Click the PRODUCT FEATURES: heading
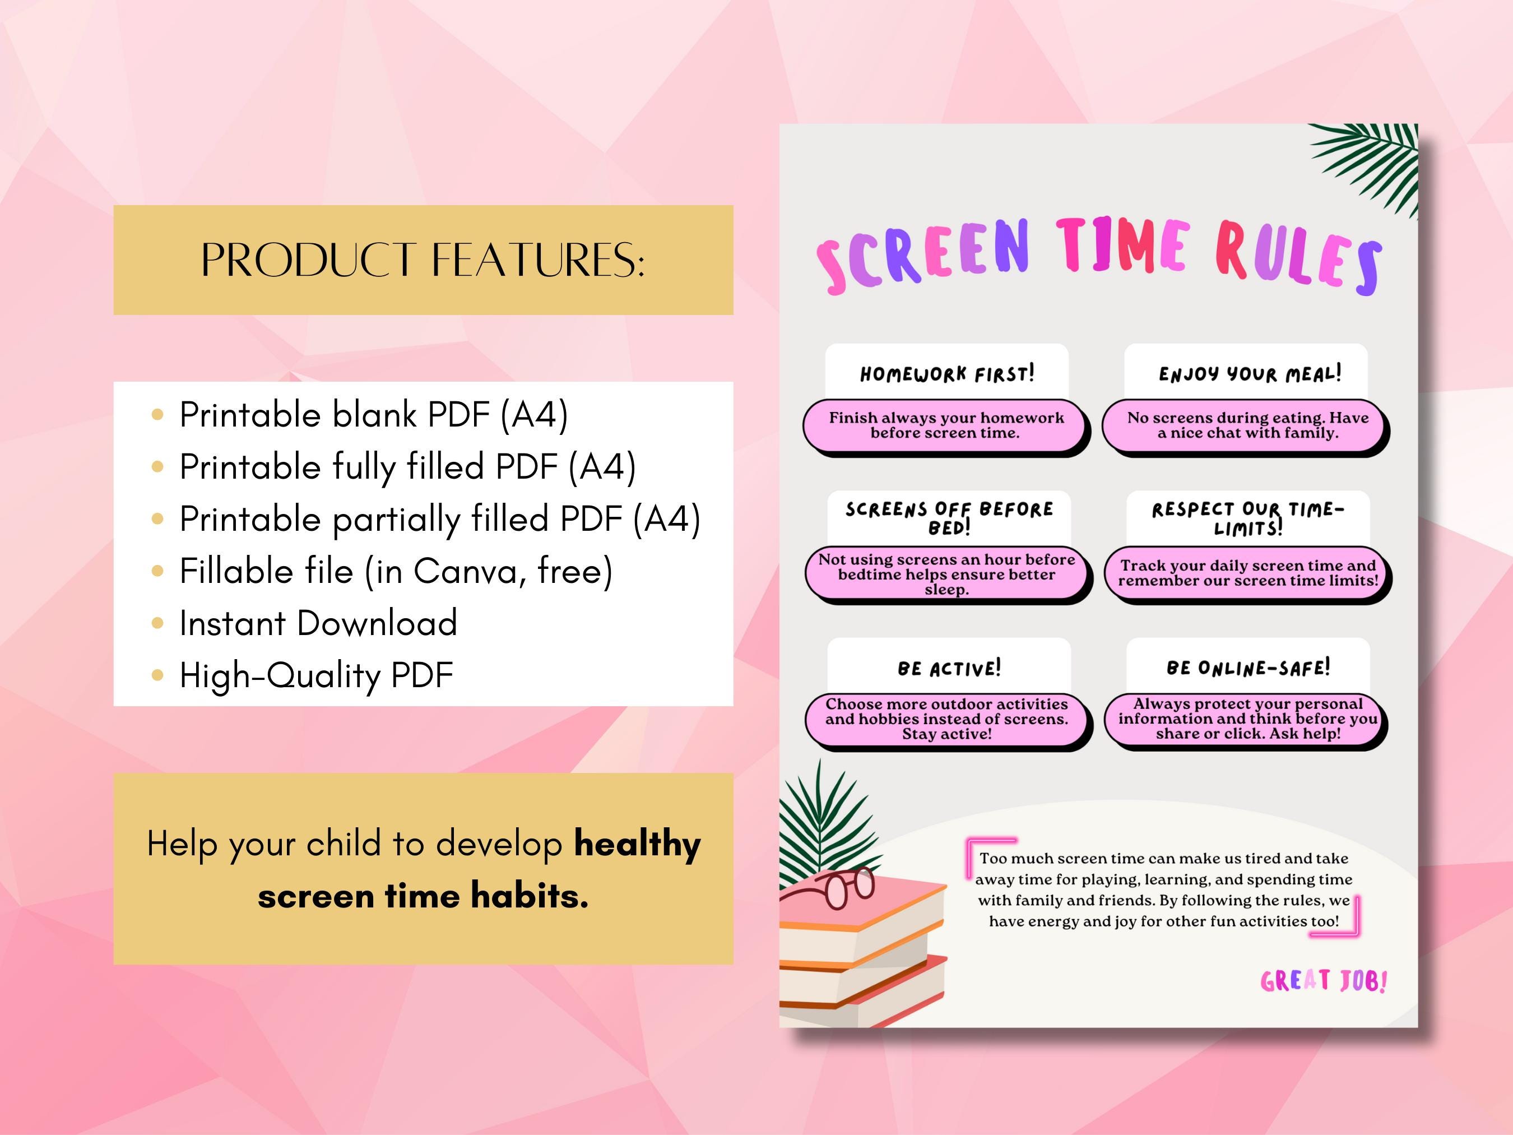coord(423,260)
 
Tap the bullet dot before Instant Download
coord(157,623)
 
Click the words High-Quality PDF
coord(316,675)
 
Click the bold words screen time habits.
coord(423,896)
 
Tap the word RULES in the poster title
coord(1298,260)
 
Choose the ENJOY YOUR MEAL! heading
coord(1249,373)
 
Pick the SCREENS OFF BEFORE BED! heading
coord(949,518)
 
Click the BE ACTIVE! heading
coord(949,668)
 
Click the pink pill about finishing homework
coord(945,425)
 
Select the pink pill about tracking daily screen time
coord(1247,573)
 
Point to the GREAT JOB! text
coord(1323,981)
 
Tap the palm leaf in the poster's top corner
coord(1371,164)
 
